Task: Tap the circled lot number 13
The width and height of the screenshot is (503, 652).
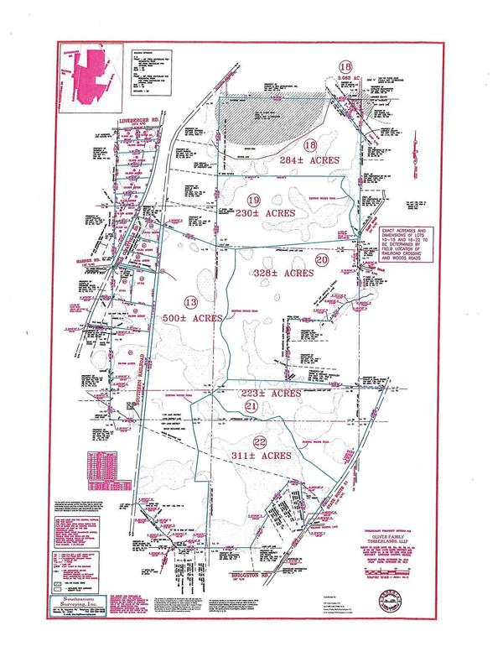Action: pos(190,301)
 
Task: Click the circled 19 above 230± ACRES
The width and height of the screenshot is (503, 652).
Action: pos(255,198)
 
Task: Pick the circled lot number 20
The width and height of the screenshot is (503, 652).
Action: pos(321,260)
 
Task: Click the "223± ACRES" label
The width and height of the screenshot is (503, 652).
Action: pos(269,393)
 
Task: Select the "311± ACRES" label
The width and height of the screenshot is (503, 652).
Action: pos(264,455)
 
